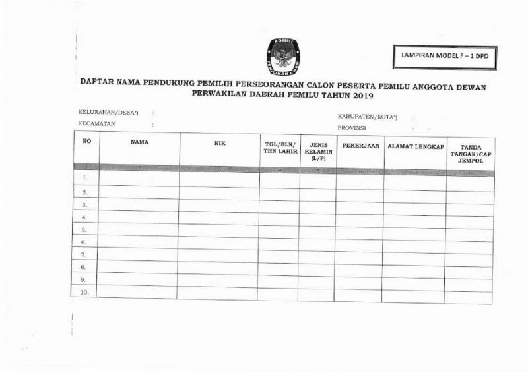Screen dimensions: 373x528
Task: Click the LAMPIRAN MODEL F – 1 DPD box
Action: pyautogui.click(x=444, y=57)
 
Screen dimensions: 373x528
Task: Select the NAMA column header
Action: pyautogui.click(x=139, y=142)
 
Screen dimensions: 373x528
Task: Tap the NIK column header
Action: pyautogui.click(x=220, y=143)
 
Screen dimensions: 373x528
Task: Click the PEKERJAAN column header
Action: pyautogui.click(x=360, y=146)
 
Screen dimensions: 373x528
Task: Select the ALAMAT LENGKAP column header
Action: pyautogui.click(x=415, y=146)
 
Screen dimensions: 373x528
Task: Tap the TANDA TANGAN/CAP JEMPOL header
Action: pyautogui.click(x=471, y=154)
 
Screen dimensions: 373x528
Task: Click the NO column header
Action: pyautogui.click(x=86, y=142)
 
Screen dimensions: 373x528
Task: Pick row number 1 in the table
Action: pyautogui.click(x=86, y=178)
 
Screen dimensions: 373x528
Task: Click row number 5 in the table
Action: pyautogui.click(x=84, y=230)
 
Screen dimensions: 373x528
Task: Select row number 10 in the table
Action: pyautogui.click(x=84, y=292)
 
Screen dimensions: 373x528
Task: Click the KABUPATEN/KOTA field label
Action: pyautogui.click(x=367, y=117)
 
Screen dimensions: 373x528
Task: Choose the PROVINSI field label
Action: pyautogui.click(x=352, y=128)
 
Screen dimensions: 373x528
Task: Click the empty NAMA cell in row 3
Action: pyautogui.click(x=139, y=205)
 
